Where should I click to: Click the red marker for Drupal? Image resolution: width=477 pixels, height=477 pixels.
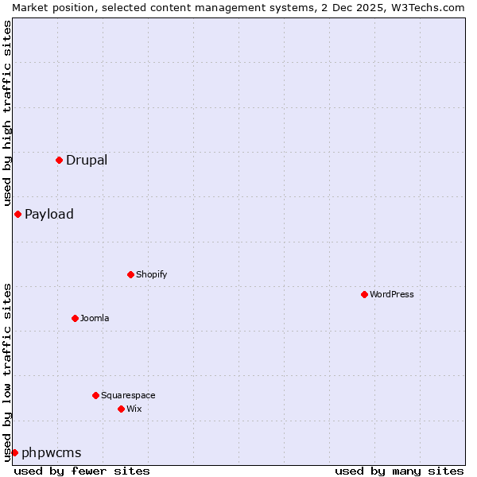(x=59, y=160)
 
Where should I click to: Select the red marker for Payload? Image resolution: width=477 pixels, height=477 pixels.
(x=17, y=214)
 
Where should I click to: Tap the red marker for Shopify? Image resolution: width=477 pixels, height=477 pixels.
(x=130, y=274)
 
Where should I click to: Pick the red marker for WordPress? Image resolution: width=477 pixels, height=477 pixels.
(x=364, y=294)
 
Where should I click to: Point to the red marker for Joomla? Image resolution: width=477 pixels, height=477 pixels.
(x=75, y=318)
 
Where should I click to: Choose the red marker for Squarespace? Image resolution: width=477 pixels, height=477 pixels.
(x=95, y=395)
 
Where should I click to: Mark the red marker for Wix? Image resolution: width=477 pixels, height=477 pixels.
(x=121, y=409)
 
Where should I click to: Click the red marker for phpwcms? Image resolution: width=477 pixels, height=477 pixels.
(x=14, y=452)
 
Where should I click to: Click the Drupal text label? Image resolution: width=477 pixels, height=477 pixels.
(x=87, y=160)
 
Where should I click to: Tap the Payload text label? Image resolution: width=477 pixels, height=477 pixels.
(x=49, y=214)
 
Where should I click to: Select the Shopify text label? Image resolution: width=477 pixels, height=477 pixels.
(x=151, y=274)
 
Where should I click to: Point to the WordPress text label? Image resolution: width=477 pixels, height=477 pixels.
(x=392, y=294)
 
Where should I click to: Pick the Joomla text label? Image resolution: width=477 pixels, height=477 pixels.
(x=95, y=318)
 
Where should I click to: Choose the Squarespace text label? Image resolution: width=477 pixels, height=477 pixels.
(x=128, y=395)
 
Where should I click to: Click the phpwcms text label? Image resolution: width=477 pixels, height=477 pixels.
(x=52, y=452)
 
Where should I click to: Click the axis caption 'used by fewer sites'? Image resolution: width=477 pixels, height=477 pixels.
(x=82, y=471)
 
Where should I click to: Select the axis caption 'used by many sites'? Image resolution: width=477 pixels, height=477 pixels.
(x=399, y=471)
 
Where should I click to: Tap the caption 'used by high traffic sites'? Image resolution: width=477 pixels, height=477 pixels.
(x=7, y=114)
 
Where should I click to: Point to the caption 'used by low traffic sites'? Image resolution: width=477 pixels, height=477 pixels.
(x=7, y=371)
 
